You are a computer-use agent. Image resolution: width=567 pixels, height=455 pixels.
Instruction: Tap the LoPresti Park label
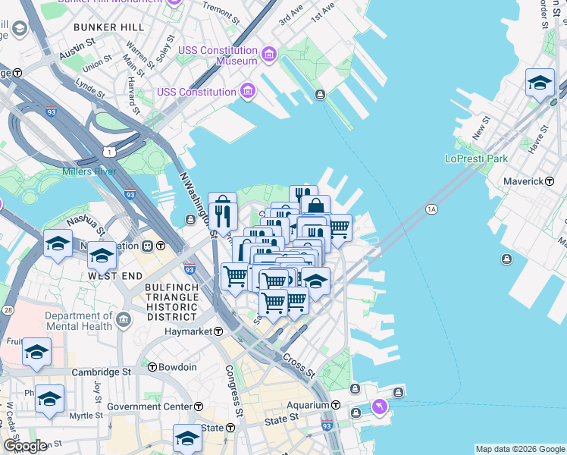click(475, 159)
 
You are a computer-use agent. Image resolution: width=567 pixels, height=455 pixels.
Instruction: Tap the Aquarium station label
click(302, 405)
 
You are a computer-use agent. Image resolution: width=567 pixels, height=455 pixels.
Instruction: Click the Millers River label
click(92, 171)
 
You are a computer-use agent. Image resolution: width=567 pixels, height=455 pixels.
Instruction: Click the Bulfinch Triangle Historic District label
click(172, 302)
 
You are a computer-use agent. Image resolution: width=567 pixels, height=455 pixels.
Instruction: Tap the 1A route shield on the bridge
click(432, 209)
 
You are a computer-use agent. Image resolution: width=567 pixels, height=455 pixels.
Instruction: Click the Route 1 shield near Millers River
click(111, 152)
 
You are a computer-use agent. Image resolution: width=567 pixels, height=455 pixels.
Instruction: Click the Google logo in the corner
click(25, 446)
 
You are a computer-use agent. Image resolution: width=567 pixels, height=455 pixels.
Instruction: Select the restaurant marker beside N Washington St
click(222, 210)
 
